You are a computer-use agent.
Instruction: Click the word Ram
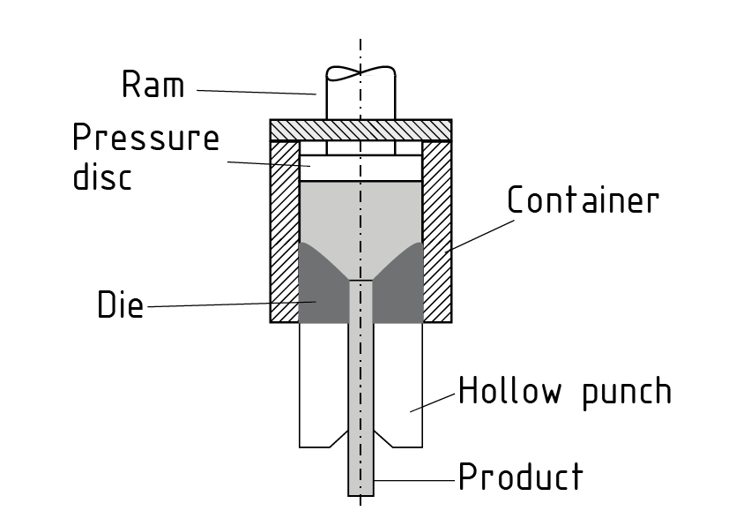(x=152, y=85)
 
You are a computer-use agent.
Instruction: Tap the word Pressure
(x=145, y=139)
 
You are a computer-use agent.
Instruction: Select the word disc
(x=101, y=177)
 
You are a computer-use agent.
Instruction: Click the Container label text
(x=583, y=200)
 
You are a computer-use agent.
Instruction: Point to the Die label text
(x=120, y=305)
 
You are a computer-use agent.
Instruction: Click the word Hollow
(x=509, y=390)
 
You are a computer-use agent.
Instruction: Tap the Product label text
(x=520, y=477)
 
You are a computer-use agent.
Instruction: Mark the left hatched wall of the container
(x=285, y=229)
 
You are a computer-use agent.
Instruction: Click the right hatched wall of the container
(x=437, y=229)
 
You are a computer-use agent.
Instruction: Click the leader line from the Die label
(x=220, y=305)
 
